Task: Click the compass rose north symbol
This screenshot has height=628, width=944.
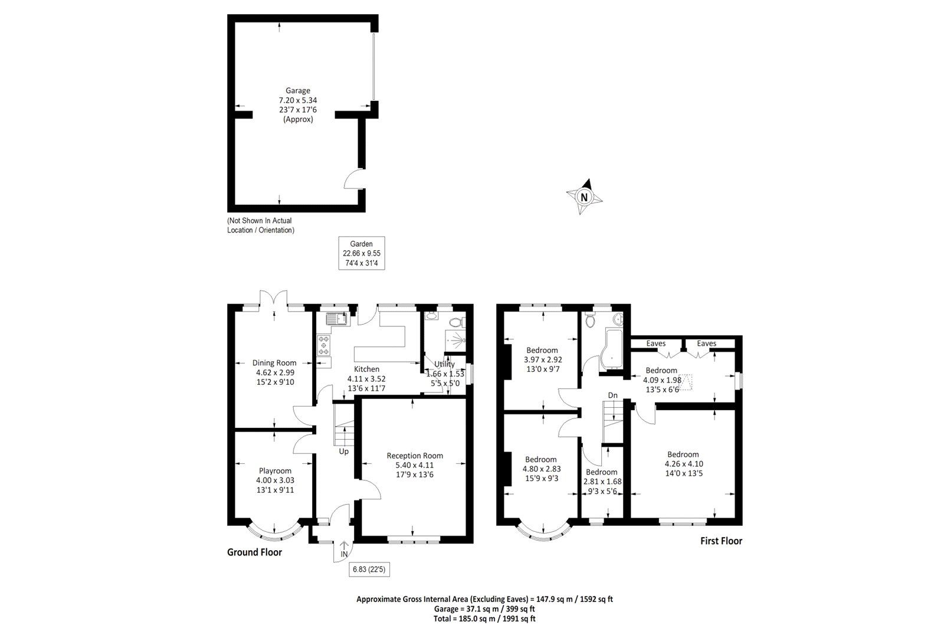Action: point(584,197)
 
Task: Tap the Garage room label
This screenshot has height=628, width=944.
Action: point(298,91)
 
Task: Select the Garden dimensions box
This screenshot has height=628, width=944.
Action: point(362,253)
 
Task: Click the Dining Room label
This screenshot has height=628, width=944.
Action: point(274,363)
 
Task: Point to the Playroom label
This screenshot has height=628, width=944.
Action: point(275,470)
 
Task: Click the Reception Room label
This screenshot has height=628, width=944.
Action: point(415,456)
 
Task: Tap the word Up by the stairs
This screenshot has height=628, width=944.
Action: point(343,452)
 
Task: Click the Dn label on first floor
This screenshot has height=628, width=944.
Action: point(613,395)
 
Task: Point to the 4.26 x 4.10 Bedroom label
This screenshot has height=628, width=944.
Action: point(683,454)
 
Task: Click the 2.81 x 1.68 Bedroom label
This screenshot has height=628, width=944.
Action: point(602,472)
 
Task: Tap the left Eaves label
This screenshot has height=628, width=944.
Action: point(655,344)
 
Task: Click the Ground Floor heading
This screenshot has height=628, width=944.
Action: point(254,552)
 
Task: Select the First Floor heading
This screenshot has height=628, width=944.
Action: point(721,541)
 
